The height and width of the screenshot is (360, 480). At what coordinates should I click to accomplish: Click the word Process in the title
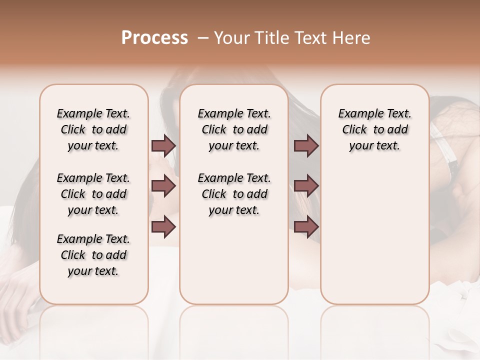[x=154, y=38]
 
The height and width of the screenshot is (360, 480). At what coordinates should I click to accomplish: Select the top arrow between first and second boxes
[x=163, y=145]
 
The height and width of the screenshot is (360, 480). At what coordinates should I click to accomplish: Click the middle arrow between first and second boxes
[x=163, y=186]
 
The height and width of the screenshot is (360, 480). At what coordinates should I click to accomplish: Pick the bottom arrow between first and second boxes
[x=163, y=227]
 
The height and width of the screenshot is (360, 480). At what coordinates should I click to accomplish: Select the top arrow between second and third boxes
[x=306, y=145]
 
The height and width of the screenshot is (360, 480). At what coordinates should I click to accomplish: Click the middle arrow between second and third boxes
[x=306, y=186]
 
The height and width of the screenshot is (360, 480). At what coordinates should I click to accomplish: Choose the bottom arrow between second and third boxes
[x=306, y=227]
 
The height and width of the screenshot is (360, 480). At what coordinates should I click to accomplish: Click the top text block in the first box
[x=93, y=129]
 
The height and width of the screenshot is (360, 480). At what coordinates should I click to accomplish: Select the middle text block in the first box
[x=93, y=194]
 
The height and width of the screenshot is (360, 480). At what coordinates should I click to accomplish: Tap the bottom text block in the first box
[x=93, y=255]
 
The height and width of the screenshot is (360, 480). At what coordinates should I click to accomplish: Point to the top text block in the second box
[x=234, y=129]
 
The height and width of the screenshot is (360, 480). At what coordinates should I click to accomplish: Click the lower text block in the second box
[x=234, y=194]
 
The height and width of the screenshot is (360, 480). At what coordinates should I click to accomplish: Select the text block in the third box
[x=375, y=129]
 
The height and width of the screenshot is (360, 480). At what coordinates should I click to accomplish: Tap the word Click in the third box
[x=354, y=129]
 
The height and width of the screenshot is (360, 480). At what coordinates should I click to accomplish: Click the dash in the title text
[x=202, y=38]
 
